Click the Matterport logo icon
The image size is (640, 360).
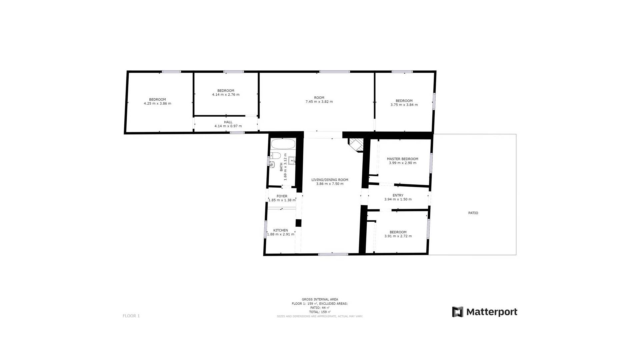(457, 312)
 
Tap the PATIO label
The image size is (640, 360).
(473, 213)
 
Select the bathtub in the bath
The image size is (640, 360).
(283, 144)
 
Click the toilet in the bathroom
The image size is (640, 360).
(275, 155)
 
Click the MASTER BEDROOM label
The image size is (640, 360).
(402, 159)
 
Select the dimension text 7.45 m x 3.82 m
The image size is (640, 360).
(319, 102)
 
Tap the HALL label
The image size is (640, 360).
(228, 122)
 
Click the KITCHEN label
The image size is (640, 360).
(281, 230)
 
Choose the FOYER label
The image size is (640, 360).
(282, 196)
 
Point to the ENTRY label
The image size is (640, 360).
(398, 195)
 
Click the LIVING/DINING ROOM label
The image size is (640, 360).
(330, 180)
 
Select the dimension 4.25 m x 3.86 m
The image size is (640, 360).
(157, 104)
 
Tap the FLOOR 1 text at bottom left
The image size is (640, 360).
(131, 316)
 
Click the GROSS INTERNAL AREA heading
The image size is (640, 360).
(320, 299)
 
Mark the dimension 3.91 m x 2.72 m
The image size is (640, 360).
(398, 236)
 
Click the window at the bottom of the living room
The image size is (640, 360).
(333, 254)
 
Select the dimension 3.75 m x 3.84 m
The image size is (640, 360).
(404, 105)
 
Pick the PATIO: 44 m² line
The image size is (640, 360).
(320, 308)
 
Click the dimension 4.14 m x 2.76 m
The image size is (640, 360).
(226, 95)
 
